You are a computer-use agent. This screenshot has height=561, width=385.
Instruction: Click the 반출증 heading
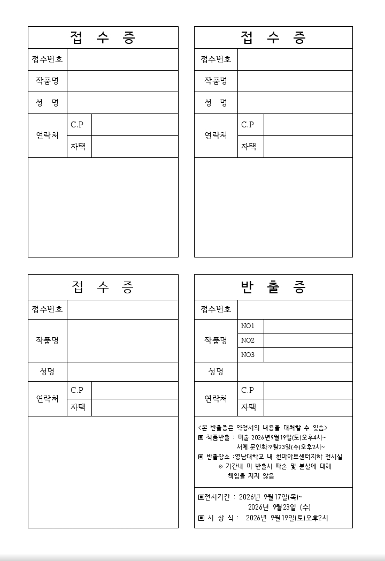coord(273,287)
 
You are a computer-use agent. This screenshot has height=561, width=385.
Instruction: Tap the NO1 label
coord(248,326)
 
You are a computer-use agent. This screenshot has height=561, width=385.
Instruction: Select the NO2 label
coord(248,340)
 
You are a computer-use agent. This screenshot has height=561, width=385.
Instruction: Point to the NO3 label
coord(248,355)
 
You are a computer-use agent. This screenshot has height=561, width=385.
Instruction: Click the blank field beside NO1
coord(308,326)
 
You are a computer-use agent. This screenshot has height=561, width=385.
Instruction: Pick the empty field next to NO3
coord(308,355)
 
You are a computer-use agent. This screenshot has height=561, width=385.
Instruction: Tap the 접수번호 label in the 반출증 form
coord(216,309)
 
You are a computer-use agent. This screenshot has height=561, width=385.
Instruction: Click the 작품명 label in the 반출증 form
coord(216,340)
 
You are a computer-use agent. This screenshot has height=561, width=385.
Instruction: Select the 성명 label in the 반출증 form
coord(216,372)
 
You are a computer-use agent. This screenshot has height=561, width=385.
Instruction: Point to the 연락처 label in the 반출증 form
coord(216,399)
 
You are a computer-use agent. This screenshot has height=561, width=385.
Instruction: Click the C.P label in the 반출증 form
coord(248,390)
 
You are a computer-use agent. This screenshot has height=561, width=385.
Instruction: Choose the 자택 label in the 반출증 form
coord(248,407)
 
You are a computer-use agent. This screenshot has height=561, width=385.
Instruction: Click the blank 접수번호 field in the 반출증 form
coord(295,309)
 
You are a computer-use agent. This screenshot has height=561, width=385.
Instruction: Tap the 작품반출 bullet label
coord(219,437)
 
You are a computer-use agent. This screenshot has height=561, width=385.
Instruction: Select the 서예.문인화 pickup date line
coord(281,447)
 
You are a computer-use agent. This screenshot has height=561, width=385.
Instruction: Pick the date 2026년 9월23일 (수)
coord(279,507)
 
